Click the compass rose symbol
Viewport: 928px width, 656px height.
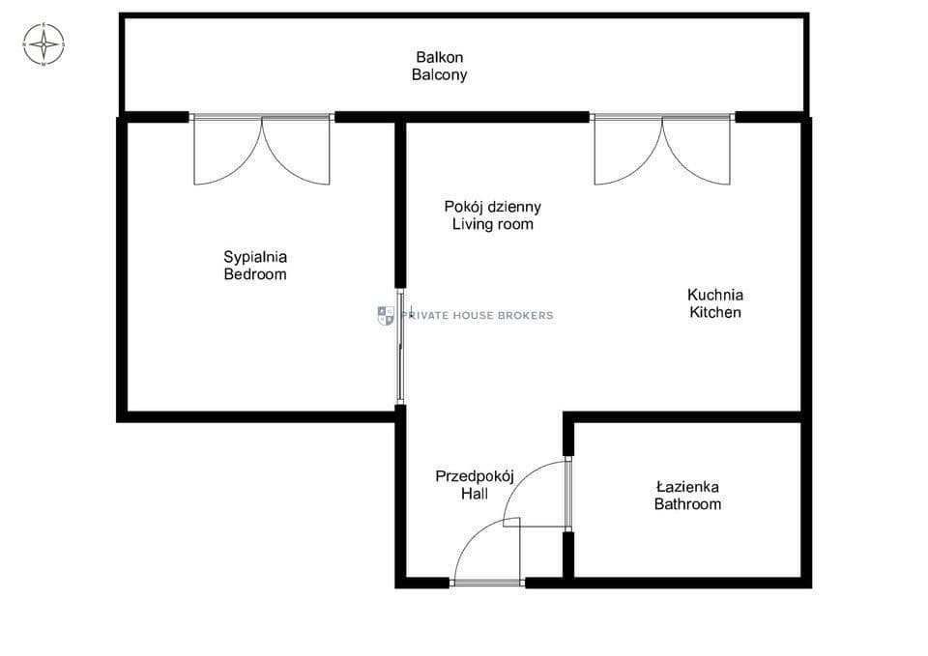point(43,44)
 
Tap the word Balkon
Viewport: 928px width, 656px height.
point(439,57)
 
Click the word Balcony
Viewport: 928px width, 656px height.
point(439,74)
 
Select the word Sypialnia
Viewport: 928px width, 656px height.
point(255,257)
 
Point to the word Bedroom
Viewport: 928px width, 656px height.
point(255,274)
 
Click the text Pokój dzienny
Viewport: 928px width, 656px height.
point(492,207)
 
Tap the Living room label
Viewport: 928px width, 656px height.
point(492,224)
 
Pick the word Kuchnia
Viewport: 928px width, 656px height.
point(715,295)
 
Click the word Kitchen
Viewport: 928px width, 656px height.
point(715,312)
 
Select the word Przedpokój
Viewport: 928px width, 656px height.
point(475,476)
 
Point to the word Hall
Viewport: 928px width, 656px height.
point(475,494)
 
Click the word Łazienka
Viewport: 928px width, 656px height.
point(687,487)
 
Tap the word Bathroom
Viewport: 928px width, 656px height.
point(687,504)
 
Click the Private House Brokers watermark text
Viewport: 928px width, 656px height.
point(477,315)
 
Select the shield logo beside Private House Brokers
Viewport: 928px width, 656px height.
point(386,316)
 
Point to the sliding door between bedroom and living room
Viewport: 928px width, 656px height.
point(400,347)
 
